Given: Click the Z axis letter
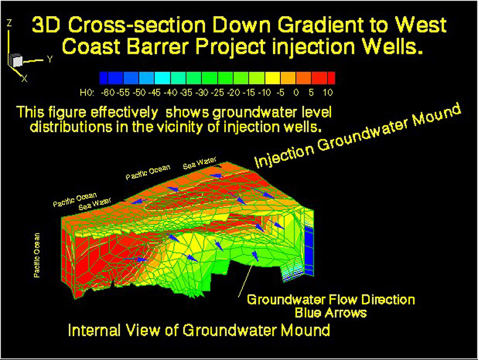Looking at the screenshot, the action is point(10,23).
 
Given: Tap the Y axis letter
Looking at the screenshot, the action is point(50,59).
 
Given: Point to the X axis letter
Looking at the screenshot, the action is point(24,79).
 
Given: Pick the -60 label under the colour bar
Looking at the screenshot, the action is point(108,93).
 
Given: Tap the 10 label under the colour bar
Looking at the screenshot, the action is point(327,93).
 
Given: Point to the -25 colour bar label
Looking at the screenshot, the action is point(217,93).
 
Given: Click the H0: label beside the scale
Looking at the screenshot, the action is point(87,93).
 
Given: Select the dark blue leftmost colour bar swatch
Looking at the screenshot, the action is point(103,78).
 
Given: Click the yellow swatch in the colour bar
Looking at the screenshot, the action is point(272,78).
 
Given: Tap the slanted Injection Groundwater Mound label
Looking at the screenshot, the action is point(357,136).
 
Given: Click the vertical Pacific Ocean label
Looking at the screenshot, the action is point(37,256).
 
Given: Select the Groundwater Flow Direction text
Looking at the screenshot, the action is point(331,300).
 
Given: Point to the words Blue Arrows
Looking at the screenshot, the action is point(331,313).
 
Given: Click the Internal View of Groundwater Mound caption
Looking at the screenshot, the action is point(199,330).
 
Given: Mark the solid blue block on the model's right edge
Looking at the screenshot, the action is point(309,251).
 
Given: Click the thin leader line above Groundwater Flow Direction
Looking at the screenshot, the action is point(246,279).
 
